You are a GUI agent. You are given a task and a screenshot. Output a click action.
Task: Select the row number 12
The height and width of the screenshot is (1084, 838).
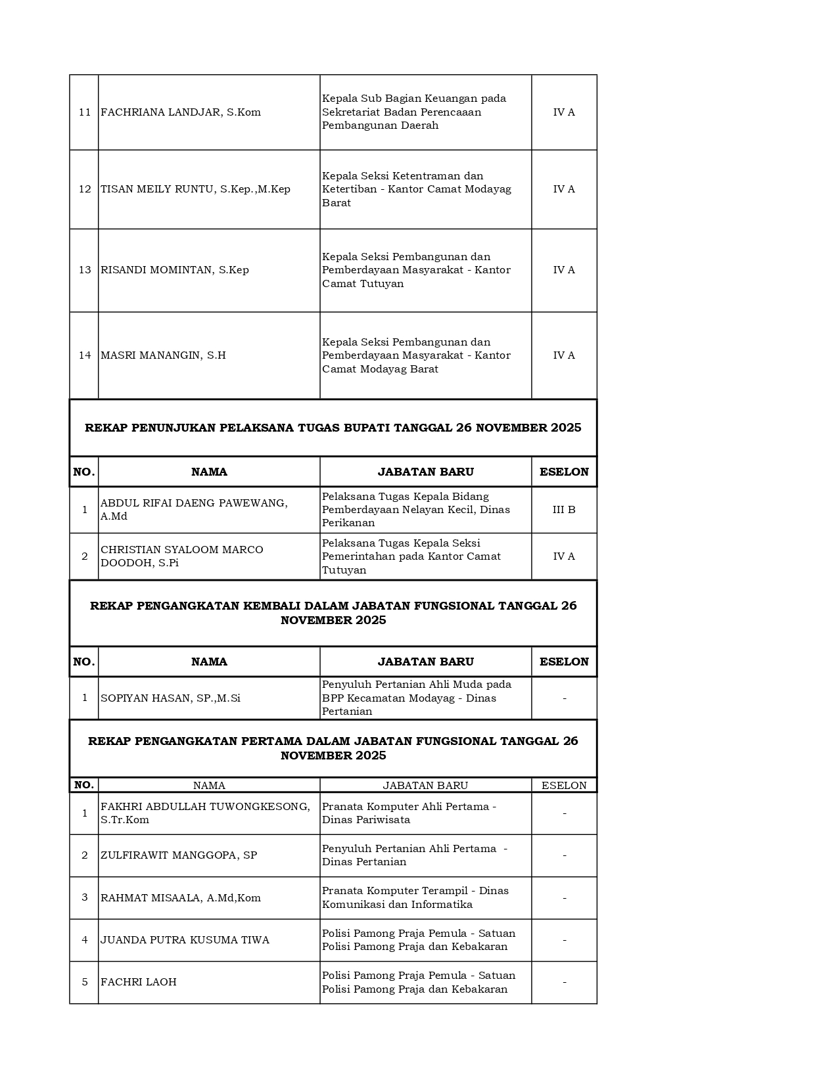tap(85, 189)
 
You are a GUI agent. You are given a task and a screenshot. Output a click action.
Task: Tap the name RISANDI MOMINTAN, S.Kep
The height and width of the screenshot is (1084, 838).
tap(175, 270)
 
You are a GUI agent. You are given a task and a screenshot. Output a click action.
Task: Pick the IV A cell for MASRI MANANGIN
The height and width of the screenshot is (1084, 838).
tap(564, 355)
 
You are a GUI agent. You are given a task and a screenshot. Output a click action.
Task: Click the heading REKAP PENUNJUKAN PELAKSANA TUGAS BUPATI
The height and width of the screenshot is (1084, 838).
tap(333, 428)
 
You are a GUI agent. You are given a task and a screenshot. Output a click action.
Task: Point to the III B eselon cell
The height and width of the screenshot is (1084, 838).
tap(564, 510)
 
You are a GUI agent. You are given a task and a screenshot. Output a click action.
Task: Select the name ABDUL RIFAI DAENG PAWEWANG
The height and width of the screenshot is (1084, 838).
tap(194, 510)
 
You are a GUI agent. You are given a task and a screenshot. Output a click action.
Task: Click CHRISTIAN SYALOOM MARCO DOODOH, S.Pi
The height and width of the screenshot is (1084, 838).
tap(182, 556)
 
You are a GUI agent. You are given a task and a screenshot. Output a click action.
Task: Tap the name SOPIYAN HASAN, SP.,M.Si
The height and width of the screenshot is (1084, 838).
tap(170, 698)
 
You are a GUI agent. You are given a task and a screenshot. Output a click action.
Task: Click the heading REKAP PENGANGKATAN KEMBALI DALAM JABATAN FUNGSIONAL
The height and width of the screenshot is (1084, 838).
tap(333, 613)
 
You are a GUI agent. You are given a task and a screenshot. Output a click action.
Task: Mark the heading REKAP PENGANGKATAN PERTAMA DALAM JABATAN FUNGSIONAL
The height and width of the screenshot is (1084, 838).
tap(333, 748)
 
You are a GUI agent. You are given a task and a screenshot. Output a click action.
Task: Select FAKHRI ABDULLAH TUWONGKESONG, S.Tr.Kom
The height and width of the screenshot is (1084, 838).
tap(205, 813)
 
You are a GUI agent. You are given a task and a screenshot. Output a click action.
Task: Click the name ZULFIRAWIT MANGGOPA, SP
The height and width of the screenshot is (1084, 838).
tap(179, 855)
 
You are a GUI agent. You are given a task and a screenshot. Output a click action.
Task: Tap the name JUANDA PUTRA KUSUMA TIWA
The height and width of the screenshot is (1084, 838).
tap(185, 940)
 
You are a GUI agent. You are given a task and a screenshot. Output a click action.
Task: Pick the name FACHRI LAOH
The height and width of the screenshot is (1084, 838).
tap(139, 982)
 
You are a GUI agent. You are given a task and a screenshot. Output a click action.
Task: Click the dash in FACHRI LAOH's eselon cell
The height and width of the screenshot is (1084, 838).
tap(564, 982)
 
